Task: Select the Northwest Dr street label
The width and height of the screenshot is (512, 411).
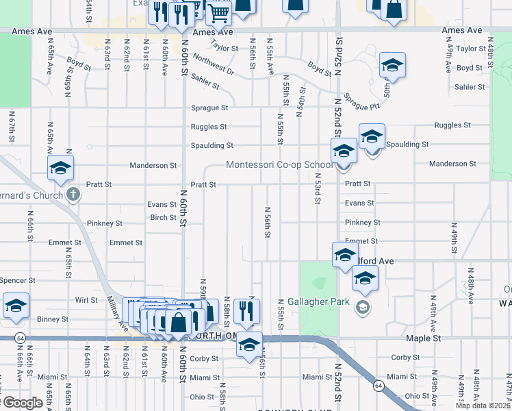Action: point(213,66)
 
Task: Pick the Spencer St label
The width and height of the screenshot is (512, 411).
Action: point(17,281)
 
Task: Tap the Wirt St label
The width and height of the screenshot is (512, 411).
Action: point(86,300)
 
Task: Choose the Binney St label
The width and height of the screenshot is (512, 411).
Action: point(53,319)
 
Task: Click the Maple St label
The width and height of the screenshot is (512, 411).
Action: point(422,338)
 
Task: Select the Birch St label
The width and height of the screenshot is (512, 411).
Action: point(164,218)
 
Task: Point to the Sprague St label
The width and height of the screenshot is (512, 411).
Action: point(209,108)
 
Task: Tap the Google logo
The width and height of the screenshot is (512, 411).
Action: point(22,403)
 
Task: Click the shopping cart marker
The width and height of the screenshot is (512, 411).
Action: point(219,11)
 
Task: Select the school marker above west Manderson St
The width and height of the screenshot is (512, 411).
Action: point(60,168)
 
